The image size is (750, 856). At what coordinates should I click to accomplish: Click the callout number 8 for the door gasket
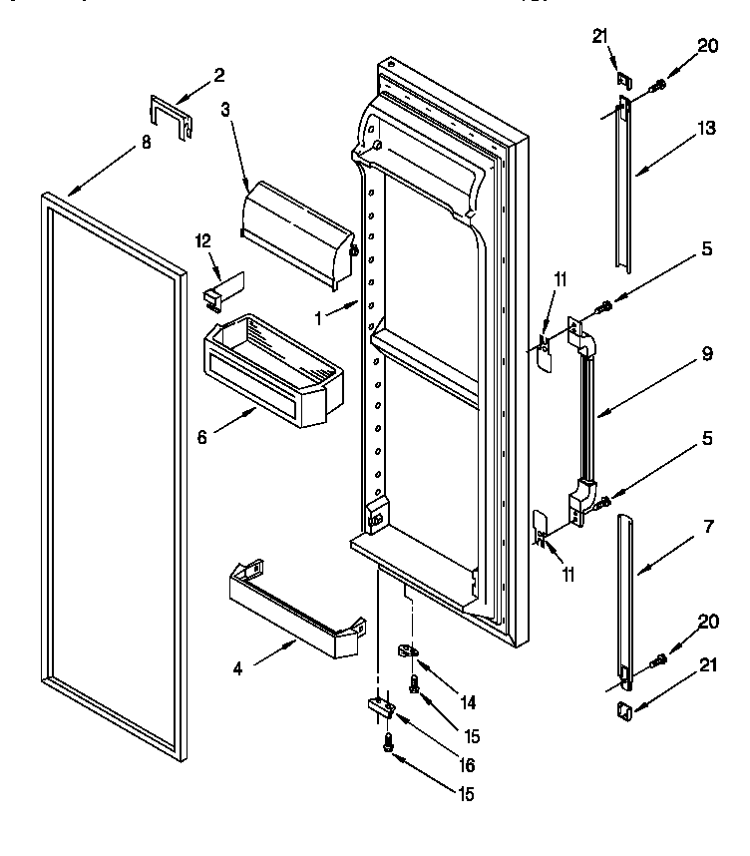[x=146, y=143]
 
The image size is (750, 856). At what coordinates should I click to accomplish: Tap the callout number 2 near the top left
[x=218, y=74]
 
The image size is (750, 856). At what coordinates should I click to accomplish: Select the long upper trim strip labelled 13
[x=621, y=185]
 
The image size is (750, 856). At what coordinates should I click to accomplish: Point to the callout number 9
[x=706, y=352]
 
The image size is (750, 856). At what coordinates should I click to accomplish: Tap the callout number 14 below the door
[x=466, y=702]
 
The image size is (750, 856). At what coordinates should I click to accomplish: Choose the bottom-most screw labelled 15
[x=387, y=741]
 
